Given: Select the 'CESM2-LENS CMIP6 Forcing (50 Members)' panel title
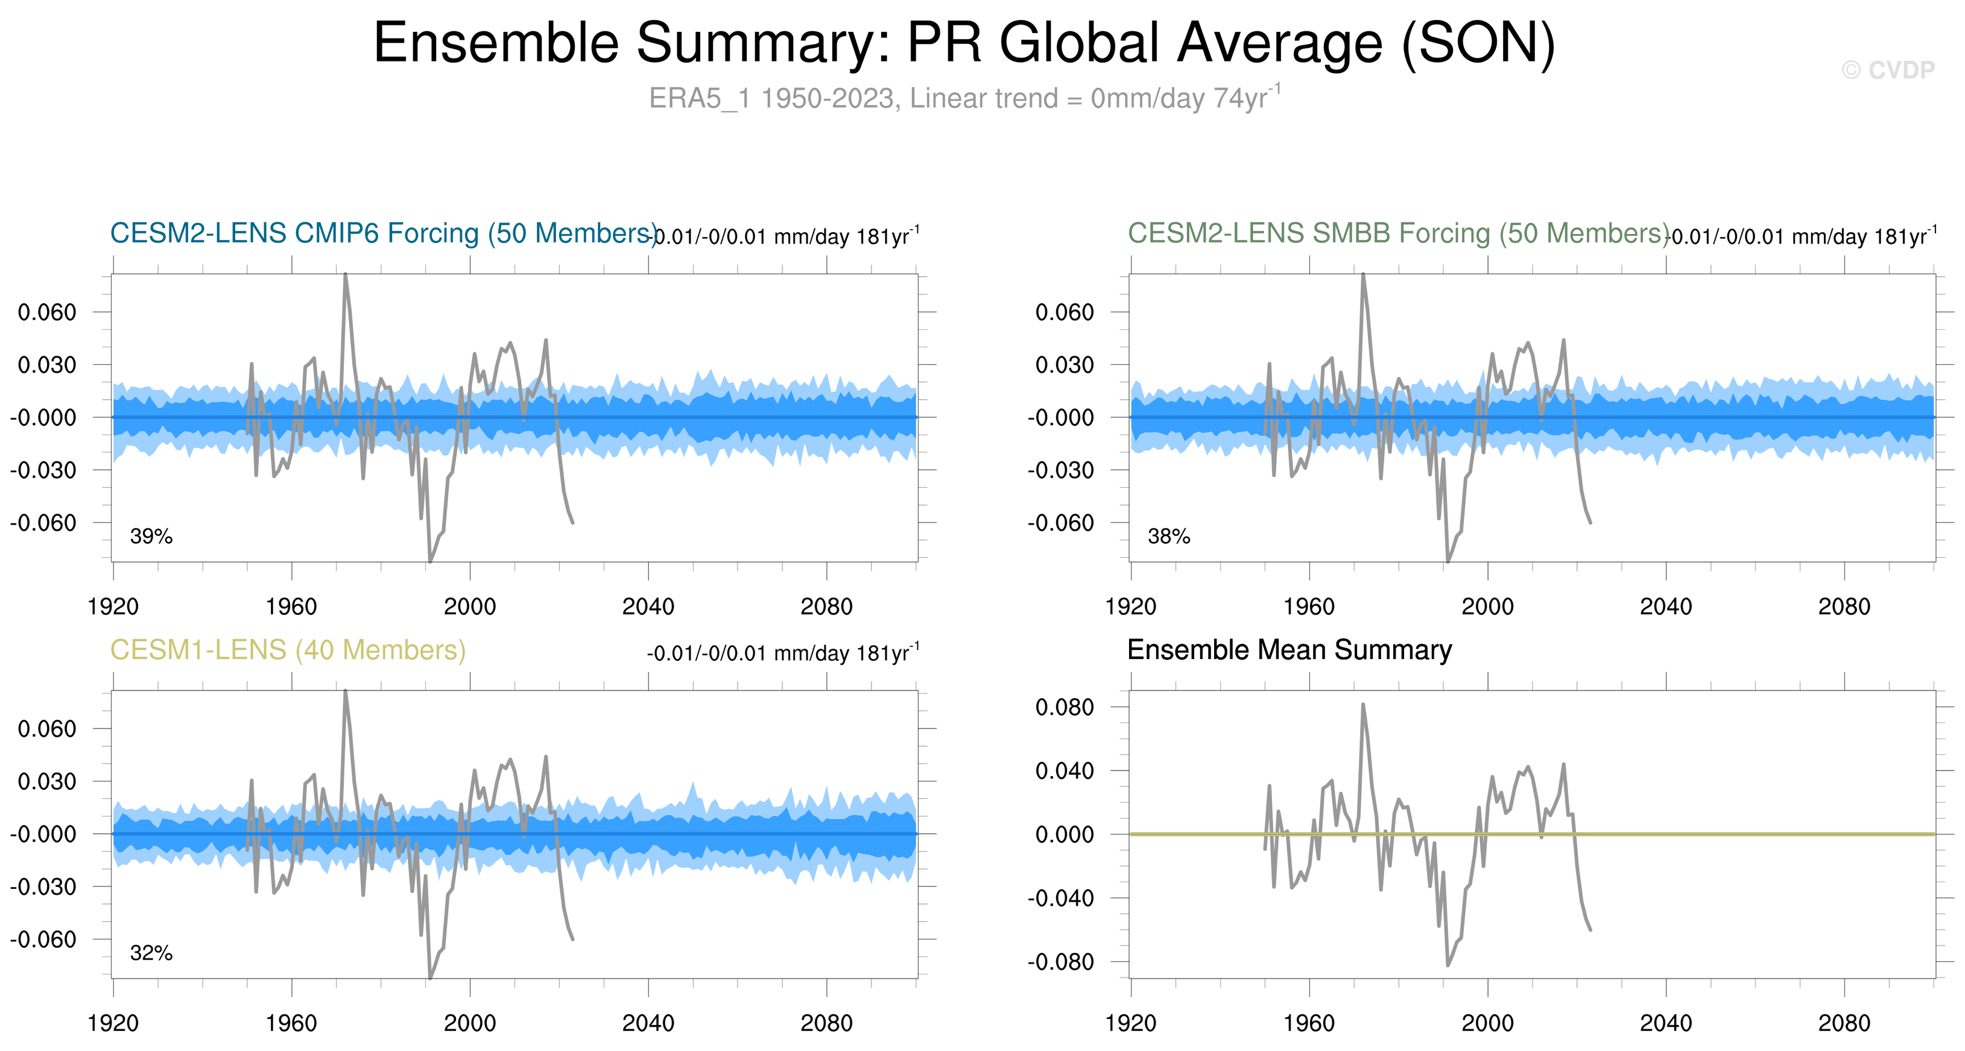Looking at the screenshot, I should point(383,233).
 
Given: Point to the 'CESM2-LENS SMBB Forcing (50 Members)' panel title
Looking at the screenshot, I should point(1397,233).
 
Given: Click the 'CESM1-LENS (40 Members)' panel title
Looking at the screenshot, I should point(288,650).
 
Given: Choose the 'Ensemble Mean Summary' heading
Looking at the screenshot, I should point(1289,650).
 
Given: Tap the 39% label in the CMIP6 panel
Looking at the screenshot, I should point(151,536).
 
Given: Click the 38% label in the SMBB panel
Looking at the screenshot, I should point(1169,536).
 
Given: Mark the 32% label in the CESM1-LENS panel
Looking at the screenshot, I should point(151,953).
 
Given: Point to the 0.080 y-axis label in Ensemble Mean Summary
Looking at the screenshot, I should point(1064,707).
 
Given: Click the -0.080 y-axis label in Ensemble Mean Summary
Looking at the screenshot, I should point(1060,962).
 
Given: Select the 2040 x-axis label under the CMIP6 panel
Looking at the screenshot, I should point(648,607).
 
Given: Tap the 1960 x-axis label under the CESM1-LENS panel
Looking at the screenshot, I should point(291,1023).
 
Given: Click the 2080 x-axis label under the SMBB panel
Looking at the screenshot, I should point(1844,607).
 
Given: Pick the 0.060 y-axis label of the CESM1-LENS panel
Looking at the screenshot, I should point(47,728).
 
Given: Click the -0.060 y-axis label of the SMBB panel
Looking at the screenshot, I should point(1060,523).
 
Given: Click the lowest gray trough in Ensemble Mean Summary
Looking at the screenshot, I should point(1448,965).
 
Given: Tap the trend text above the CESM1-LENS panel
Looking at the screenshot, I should point(783,654).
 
